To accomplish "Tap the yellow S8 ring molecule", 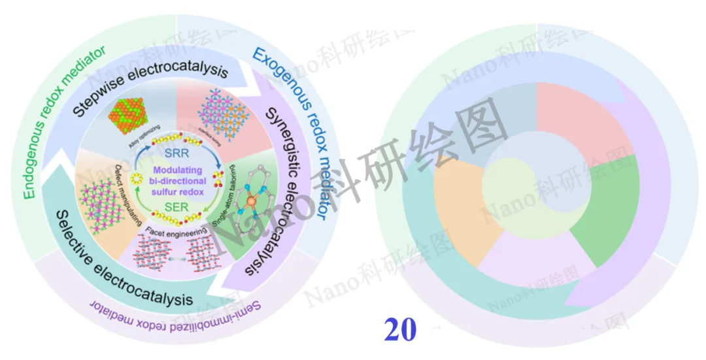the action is pos(137,179).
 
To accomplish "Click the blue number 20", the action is pos(400,331).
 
